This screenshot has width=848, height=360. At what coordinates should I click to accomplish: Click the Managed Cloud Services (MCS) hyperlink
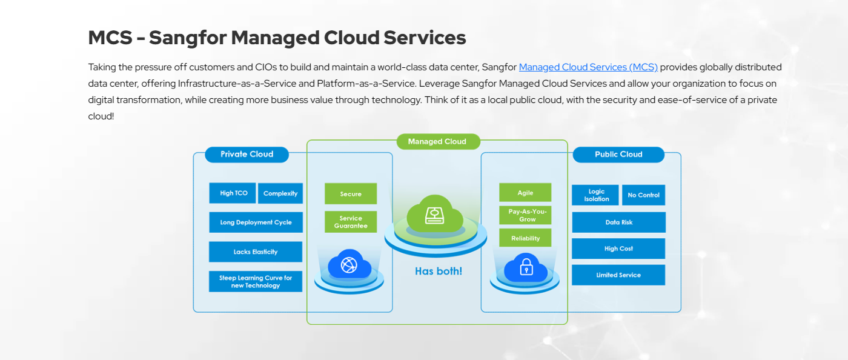tap(588, 67)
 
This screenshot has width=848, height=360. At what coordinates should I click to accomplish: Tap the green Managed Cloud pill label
tap(438, 141)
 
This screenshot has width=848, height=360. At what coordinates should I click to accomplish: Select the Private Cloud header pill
tap(247, 154)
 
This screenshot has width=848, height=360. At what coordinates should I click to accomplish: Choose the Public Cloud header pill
tap(618, 155)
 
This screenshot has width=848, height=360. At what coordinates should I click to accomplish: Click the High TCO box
tap(233, 193)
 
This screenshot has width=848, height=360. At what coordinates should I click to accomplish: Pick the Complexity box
tap(280, 193)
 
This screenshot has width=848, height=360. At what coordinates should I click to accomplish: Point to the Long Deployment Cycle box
tap(256, 222)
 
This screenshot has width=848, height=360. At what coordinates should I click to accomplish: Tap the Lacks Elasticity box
tap(256, 252)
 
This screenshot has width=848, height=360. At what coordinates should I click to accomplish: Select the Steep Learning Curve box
tap(256, 282)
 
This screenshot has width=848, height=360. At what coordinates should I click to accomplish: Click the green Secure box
tap(351, 194)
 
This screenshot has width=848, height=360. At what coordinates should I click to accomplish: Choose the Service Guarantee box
tap(351, 222)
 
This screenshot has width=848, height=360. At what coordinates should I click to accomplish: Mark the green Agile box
tap(525, 193)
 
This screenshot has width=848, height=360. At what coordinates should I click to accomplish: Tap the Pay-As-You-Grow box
tap(525, 215)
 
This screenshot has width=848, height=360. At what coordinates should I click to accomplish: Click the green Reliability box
tap(525, 238)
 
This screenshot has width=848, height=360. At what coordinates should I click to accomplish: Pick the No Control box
tap(643, 195)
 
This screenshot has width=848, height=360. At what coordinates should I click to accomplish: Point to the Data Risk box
tap(618, 222)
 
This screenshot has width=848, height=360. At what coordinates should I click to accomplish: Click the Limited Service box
tap(618, 275)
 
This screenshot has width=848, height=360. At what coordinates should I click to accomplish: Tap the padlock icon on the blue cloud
tap(526, 266)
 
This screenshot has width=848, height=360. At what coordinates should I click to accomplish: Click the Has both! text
tap(439, 271)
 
